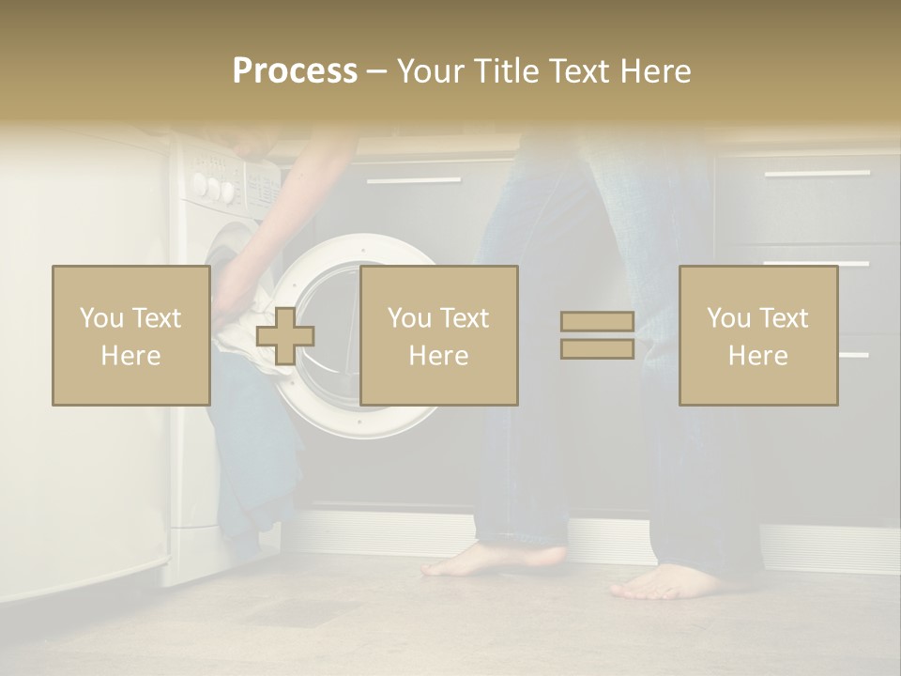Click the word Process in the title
(295, 71)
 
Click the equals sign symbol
(597, 335)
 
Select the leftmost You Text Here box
(130, 335)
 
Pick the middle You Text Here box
(438, 335)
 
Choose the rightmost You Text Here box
(757, 335)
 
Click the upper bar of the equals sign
(597, 322)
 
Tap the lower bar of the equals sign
(597, 348)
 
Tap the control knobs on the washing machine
(213, 187)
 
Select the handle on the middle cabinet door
(413, 179)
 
